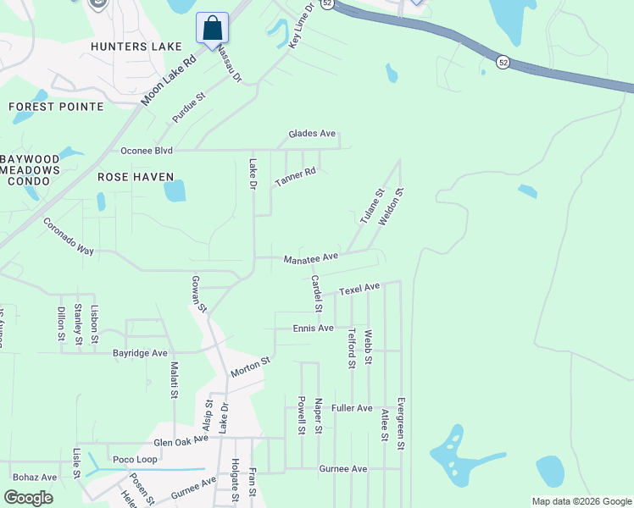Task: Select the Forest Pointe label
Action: [x=56, y=107]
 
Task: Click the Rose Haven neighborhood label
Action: [x=136, y=177]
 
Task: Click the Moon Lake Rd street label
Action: [x=170, y=80]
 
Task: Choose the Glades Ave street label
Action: [x=312, y=134]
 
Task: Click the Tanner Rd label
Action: [x=295, y=177]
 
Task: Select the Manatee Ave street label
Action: [x=311, y=257]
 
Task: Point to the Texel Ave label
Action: [x=360, y=290]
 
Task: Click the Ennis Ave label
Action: [x=313, y=328]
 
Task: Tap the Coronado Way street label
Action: [x=69, y=236]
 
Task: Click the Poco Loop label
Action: [x=135, y=459]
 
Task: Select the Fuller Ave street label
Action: [x=353, y=408]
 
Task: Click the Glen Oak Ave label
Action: [x=181, y=441]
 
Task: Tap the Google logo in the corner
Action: [x=29, y=498]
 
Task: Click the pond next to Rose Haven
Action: [x=175, y=190]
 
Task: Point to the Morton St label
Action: [x=250, y=367]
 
